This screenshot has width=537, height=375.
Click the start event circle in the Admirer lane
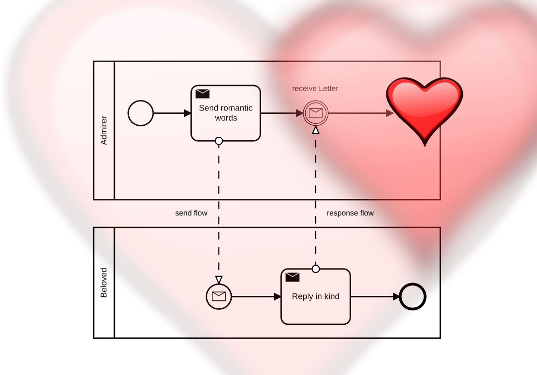(141, 113)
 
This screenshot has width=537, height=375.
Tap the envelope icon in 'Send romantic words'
(202, 94)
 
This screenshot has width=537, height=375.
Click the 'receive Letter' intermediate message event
(315, 113)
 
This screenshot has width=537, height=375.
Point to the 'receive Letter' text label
(315, 89)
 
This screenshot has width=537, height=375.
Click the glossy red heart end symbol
(425, 109)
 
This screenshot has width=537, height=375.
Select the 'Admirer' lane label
(104, 130)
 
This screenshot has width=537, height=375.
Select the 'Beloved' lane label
(104, 282)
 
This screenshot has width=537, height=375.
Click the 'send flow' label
(191, 213)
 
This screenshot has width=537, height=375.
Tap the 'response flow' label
(350, 213)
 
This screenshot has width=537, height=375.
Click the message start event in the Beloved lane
(219, 297)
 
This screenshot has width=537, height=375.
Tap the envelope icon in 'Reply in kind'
(292, 277)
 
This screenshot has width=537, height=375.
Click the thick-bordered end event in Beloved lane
(413, 297)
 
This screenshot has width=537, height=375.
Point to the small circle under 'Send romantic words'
(219, 141)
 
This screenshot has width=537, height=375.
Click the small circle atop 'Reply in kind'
(315, 269)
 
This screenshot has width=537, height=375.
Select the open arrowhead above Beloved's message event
(219, 280)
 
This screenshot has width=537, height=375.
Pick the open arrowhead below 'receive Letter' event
(315, 130)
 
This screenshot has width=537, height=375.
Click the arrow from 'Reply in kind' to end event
(375, 297)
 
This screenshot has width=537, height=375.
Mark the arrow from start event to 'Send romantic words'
(172, 113)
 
